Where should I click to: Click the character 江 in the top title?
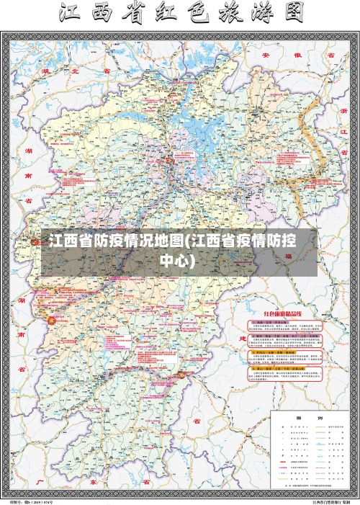coord(74,14)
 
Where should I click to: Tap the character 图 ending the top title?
coord(289,14)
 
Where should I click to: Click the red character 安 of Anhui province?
coord(265,54)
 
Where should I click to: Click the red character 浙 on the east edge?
coord(344,111)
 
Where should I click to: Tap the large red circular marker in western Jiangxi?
coord(51,318)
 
